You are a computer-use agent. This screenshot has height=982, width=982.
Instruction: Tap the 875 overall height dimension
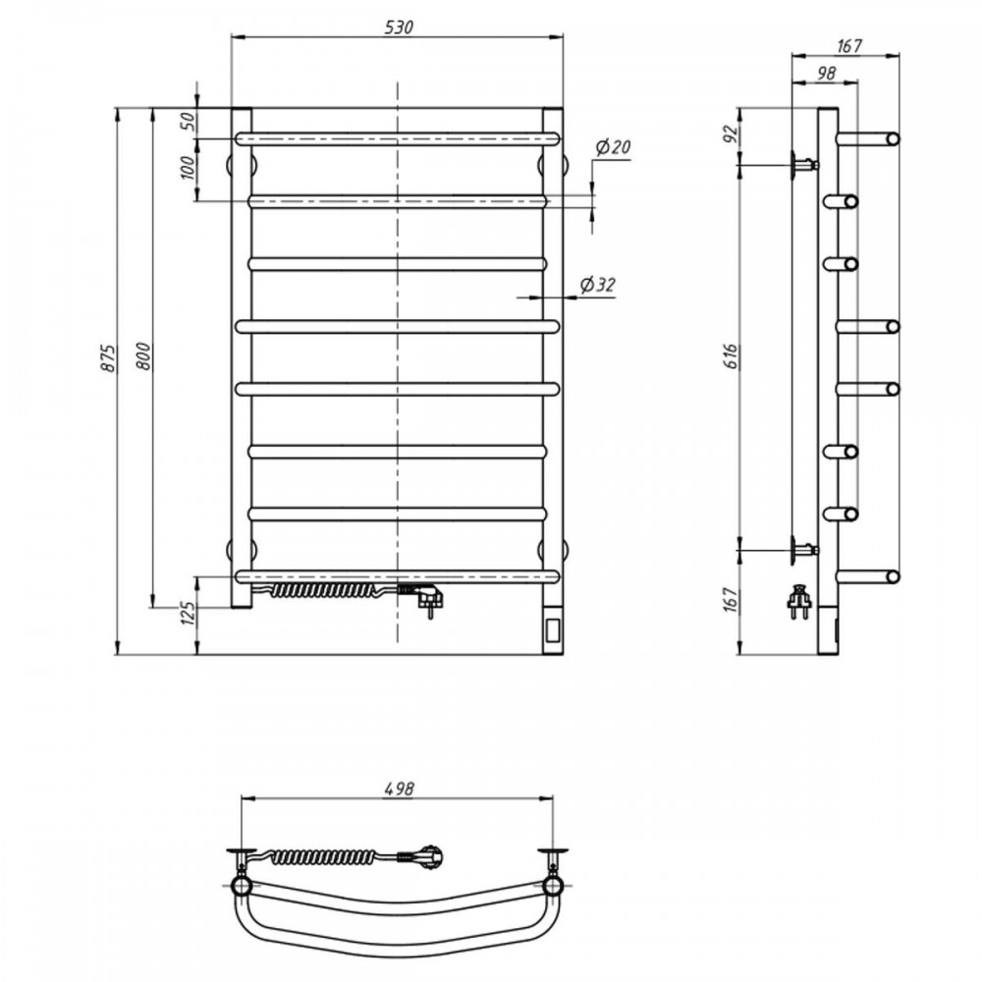point(109,358)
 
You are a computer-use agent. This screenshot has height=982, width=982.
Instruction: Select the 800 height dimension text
point(144,355)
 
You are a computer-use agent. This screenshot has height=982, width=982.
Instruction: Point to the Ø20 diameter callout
point(613,148)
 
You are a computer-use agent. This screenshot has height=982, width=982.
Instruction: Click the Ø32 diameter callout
point(597,285)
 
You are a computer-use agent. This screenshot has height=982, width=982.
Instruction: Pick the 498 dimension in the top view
point(399,789)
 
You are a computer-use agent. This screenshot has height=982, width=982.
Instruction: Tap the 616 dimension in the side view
point(733,355)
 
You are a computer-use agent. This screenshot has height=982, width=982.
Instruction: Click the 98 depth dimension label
point(826,74)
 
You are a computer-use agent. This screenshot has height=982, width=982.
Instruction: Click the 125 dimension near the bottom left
point(187,615)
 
